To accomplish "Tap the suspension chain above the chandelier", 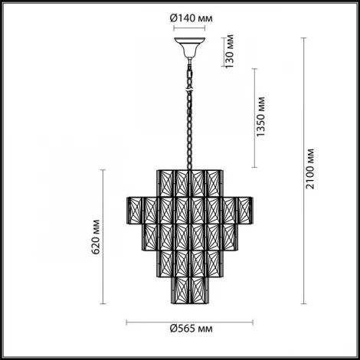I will (189, 107).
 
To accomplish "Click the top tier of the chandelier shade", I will (189, 181).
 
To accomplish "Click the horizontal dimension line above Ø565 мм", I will (189, 320).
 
